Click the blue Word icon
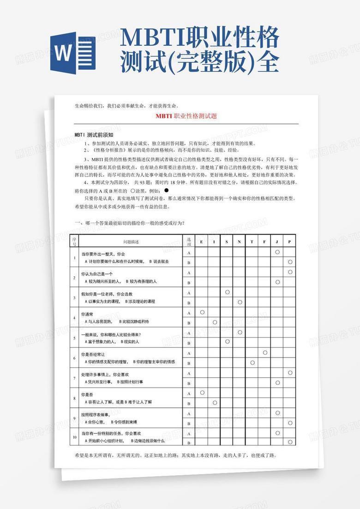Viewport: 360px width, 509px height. [73, 50]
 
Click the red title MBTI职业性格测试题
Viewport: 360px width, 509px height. [186, 116]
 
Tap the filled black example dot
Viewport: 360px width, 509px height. [167, 190]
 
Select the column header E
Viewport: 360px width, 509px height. [202, 242]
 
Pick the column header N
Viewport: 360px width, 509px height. [240, 242]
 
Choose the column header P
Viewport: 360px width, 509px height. [290, 242]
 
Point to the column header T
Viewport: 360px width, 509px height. [252, 242]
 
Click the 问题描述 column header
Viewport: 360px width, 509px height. [131, 242]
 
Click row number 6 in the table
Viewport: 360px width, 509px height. [74, 358]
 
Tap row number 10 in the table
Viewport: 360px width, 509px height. [74, 437]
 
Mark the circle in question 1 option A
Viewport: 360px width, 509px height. [277, 252]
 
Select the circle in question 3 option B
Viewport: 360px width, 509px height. [240, 302]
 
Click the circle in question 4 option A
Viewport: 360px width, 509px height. [202, 312]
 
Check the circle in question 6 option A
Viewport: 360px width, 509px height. [265, 352]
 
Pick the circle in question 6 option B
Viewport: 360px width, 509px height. [252, 363]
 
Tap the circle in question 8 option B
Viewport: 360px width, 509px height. [215, 403]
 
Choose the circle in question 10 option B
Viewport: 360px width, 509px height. [290, 442]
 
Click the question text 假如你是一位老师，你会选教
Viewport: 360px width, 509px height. [107, 294]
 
